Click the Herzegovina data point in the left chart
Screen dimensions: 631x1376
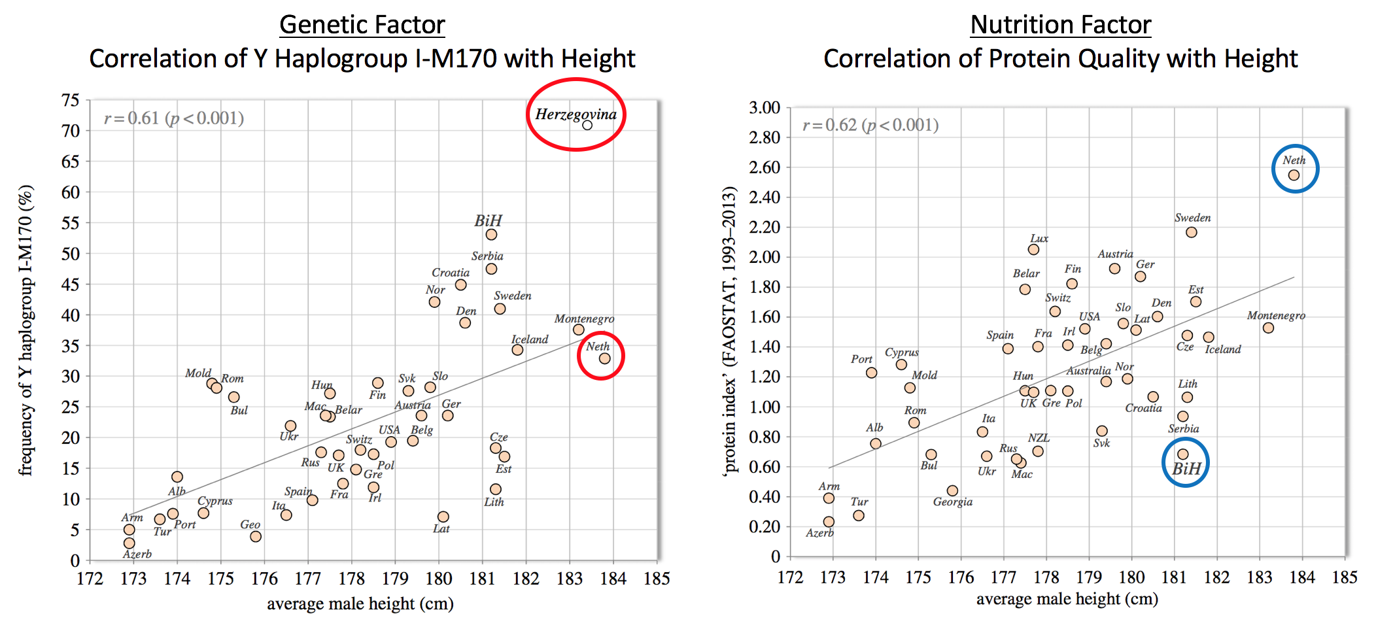[587, 125]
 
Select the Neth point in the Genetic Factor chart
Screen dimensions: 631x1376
[604, 358]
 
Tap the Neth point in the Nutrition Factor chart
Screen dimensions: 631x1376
[1294, 175]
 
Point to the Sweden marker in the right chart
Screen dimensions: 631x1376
[1192, 232]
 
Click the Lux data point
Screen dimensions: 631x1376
[1033, 249]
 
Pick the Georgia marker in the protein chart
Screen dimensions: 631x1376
[952, 490]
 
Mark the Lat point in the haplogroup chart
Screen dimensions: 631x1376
[443, 517]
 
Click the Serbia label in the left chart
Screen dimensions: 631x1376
[487, 256]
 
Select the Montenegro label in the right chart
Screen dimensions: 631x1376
[1275, 315]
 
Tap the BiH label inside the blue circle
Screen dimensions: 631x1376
[1186, 468]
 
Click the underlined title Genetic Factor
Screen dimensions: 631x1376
[362, 25]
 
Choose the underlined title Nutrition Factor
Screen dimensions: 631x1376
[1060, 25]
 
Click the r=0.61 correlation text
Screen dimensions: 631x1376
[174, 118]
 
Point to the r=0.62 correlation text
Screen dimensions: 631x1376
[870, 125]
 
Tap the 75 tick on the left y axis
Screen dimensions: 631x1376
[71, 100]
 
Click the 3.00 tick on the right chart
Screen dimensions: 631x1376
[765, 107]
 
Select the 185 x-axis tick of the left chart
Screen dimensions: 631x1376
[657, 578]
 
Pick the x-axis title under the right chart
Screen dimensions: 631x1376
[1067, 599]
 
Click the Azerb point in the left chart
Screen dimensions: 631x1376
[129, 543]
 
